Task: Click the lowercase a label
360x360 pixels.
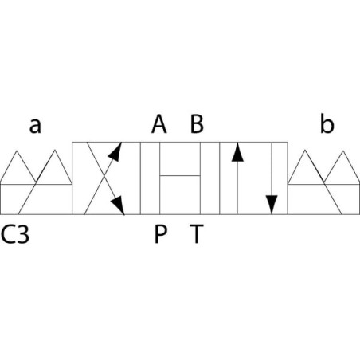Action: coord(35,126)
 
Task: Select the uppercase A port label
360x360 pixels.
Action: coord(159,124)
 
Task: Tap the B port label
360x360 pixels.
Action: coord(197,124)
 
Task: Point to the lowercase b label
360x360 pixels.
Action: coord(327,123)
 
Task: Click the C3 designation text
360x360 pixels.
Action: coord(15,234)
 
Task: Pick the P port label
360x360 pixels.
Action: coord(161,234)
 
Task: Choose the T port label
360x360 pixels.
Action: coord(197,234)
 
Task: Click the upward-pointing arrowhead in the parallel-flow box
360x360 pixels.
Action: coord(237,152)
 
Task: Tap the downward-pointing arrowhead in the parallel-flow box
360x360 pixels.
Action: coord(272,205)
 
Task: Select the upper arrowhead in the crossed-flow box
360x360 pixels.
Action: coord(115,151)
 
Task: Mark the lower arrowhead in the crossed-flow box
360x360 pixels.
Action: coord(118,205)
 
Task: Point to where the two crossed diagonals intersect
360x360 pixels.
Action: coord(104,177)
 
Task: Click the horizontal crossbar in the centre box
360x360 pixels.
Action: coord(180,175)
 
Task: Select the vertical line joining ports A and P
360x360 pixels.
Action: coord(160,178)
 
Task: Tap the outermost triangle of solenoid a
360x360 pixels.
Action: coord(17,167)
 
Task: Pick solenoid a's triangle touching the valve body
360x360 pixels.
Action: coord(54,167)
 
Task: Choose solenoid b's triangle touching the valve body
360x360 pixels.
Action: coord(305,167)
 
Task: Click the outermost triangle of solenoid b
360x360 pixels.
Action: coord(342,167)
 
